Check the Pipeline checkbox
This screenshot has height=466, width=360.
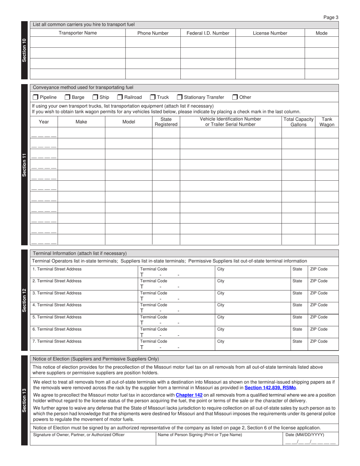point(36,97)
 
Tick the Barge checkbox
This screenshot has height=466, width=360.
point(67,97)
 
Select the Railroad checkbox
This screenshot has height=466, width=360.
point(120,97)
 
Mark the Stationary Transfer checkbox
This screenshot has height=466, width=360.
point(180,97)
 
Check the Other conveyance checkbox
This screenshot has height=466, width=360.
point(235,97)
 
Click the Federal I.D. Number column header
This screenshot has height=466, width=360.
point(208,33)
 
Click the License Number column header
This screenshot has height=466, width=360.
point(270,33)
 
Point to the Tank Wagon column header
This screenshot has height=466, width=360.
point(327,122)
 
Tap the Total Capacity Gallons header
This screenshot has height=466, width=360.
point(298,122)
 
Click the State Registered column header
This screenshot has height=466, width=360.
point(166,122)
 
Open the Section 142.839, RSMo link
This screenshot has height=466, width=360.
point(270,388)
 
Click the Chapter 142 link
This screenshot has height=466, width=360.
point(189,395)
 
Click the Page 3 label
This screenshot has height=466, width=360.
point(331,17)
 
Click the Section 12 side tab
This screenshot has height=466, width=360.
point(24,300)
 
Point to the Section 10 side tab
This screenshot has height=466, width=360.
point(24,50)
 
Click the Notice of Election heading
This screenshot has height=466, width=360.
point(96,359)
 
